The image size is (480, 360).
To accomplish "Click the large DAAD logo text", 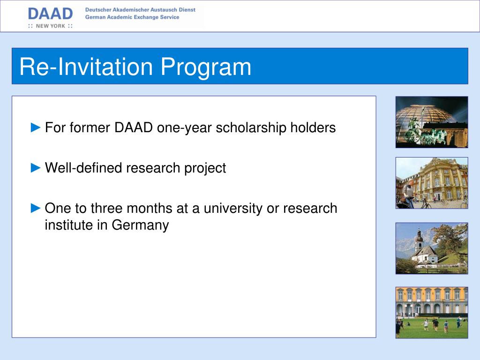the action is (x=51, y=14).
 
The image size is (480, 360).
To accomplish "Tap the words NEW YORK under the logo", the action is (x=51, y=26).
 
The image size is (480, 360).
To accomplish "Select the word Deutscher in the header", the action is (x=98, y=10).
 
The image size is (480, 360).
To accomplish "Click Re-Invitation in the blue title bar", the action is (x=86, y=66).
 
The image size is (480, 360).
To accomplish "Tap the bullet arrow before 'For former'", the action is (x=36, y=127).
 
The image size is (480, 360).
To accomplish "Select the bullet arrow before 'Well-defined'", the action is (x=36, y=168).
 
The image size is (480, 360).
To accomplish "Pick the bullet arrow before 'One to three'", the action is (x=36, y=208).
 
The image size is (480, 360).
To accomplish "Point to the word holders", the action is (x=313, y=127).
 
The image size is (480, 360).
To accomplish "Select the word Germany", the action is (x=140, y=225).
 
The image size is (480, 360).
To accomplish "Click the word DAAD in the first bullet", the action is (x=134, y=127).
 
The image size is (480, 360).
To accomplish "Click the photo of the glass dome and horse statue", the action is (x=432, y=122).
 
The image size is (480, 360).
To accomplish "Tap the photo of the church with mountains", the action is (x=432, y=248).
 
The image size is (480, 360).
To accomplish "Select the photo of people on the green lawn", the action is (x=432, y=313).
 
